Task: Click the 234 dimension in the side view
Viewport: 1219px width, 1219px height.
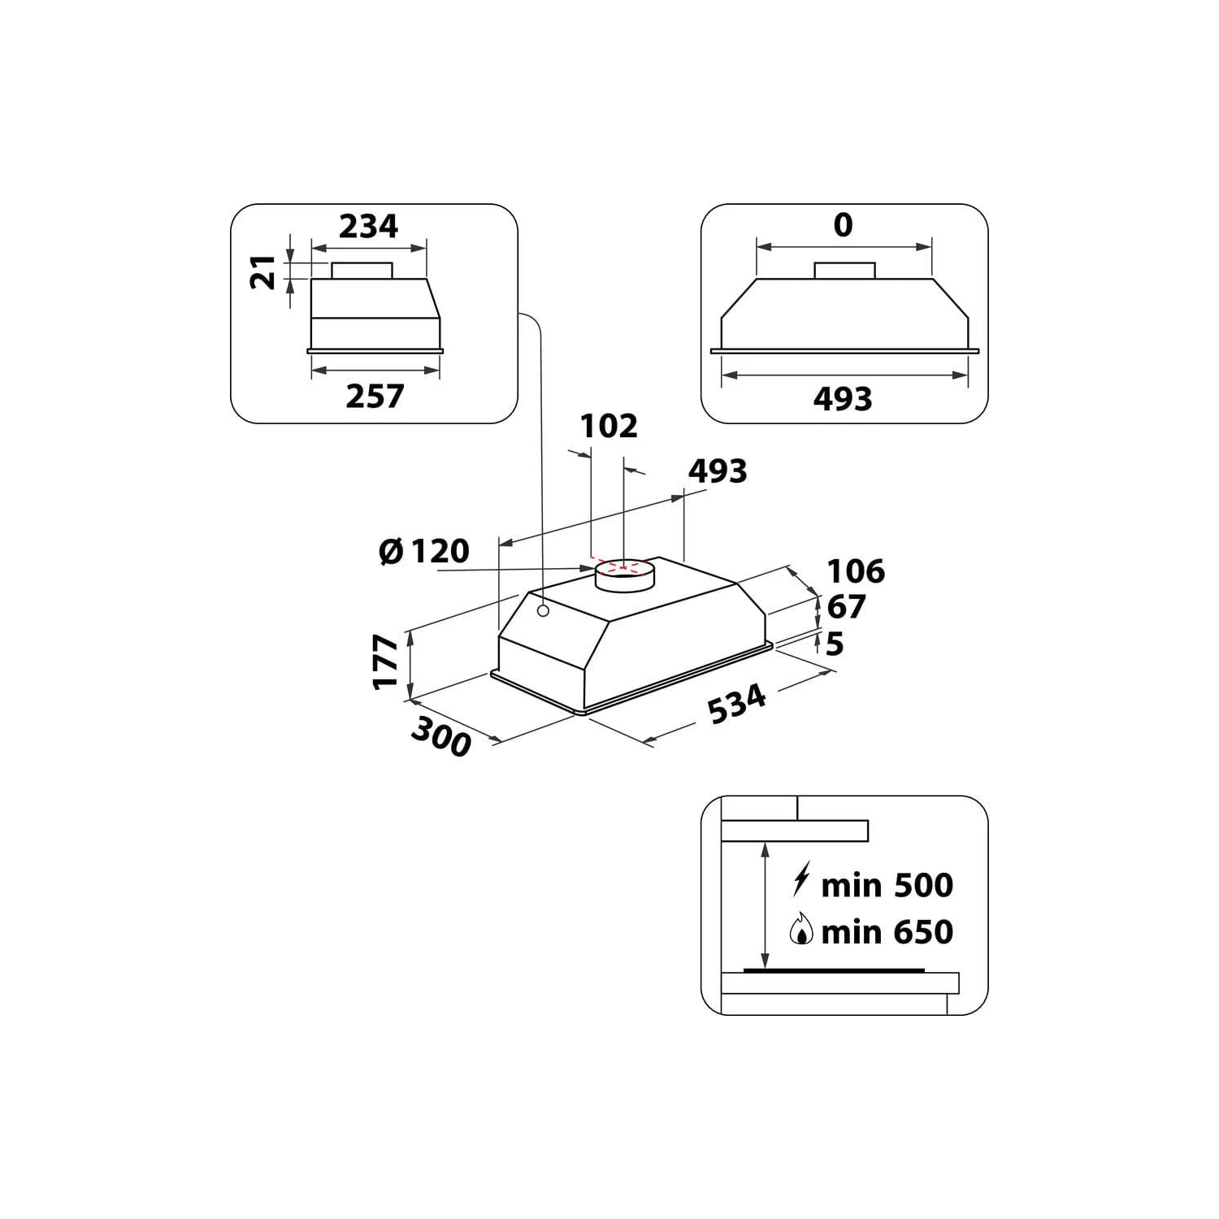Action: tap(368, 226)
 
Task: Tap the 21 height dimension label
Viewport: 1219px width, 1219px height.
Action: tap(263, 272)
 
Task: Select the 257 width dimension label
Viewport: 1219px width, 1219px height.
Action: tap(375, 396)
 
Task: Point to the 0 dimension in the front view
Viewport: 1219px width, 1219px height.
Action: tap(843, 225)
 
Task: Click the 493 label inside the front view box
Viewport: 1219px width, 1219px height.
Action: tap(843, 398)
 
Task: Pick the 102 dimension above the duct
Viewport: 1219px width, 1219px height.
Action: tap(609, 426)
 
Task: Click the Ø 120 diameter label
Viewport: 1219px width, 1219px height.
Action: tap(424, 551)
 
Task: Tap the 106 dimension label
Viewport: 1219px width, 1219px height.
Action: tap(856, 571)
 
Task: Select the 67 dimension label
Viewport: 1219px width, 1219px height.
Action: tap(846, 607)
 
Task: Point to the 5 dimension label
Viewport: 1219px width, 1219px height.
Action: tap(835, 644)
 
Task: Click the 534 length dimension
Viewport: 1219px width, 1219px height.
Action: tap(737, 704)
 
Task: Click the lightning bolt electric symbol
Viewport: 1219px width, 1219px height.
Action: tap(801, 881)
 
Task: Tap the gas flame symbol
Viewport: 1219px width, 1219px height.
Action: tap(801, 929)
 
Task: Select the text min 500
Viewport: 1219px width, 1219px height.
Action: tap(887, 885)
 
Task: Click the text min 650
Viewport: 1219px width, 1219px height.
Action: tap(887, 932)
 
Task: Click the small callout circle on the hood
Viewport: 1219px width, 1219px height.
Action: tap(542, 611)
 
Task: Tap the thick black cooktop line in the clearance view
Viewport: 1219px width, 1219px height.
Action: tap(835, 971)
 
